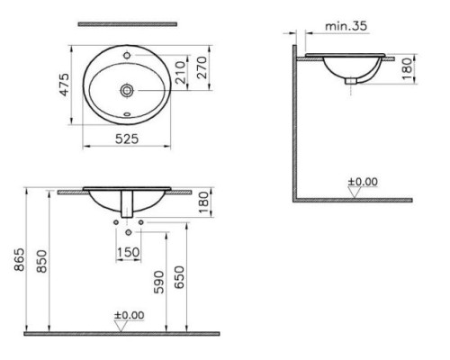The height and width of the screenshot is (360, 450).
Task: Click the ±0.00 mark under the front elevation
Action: tap(129, 316)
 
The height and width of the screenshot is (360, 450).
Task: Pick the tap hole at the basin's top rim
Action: tap(132, 55)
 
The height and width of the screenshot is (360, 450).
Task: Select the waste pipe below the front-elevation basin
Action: tap(129, 204)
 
